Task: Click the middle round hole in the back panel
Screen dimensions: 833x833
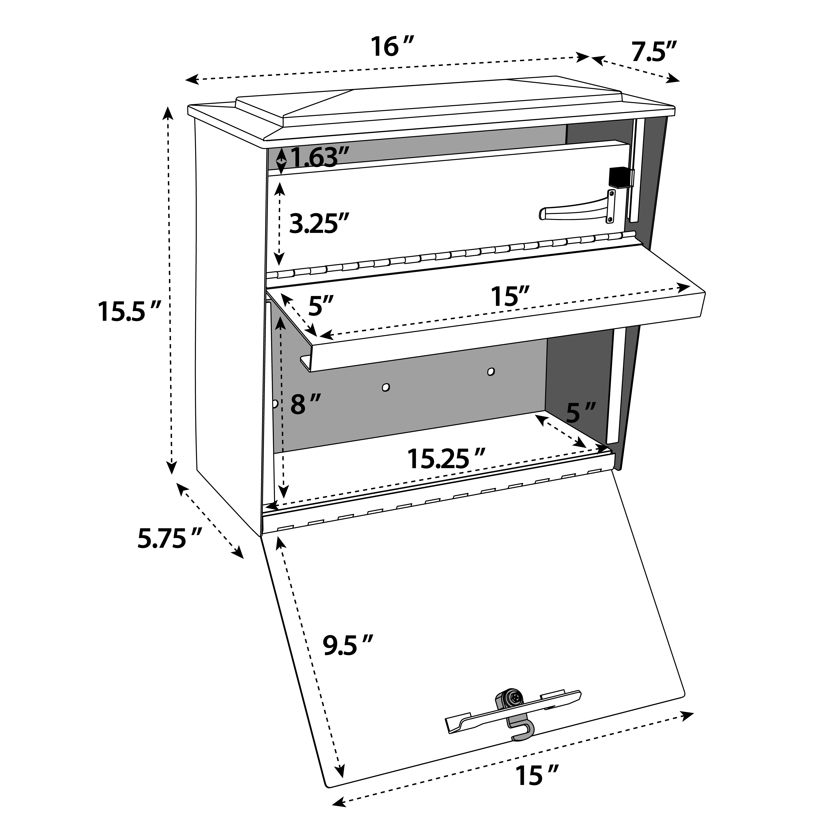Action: (x=386, y=387)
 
